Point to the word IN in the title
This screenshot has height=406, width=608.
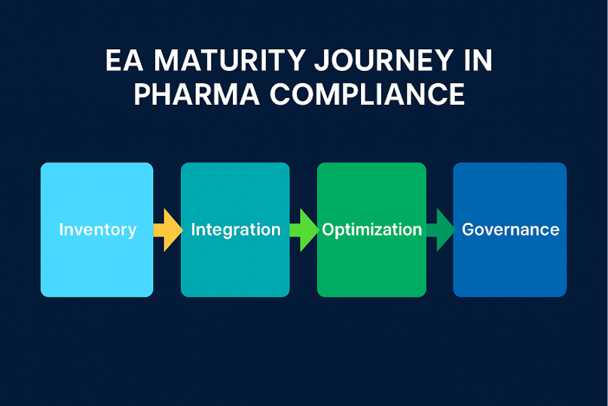[x=477, y=61]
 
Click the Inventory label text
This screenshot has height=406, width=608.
[x=98, y=229]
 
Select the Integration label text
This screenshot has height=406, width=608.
[x=236, y=229]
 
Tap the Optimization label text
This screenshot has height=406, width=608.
[x=372, y=229]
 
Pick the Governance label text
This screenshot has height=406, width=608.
[x=511, y=229]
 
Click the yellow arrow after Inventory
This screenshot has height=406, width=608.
[x=167, y=229]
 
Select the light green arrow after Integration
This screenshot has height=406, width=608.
[x=304, y=229]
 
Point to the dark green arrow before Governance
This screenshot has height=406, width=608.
[x=440, y=229]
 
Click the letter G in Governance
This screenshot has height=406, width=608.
[x=468, y=229]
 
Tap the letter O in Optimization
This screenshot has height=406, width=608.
[x=328, y=229]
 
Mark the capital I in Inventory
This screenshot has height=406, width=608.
[x=61, y=229]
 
